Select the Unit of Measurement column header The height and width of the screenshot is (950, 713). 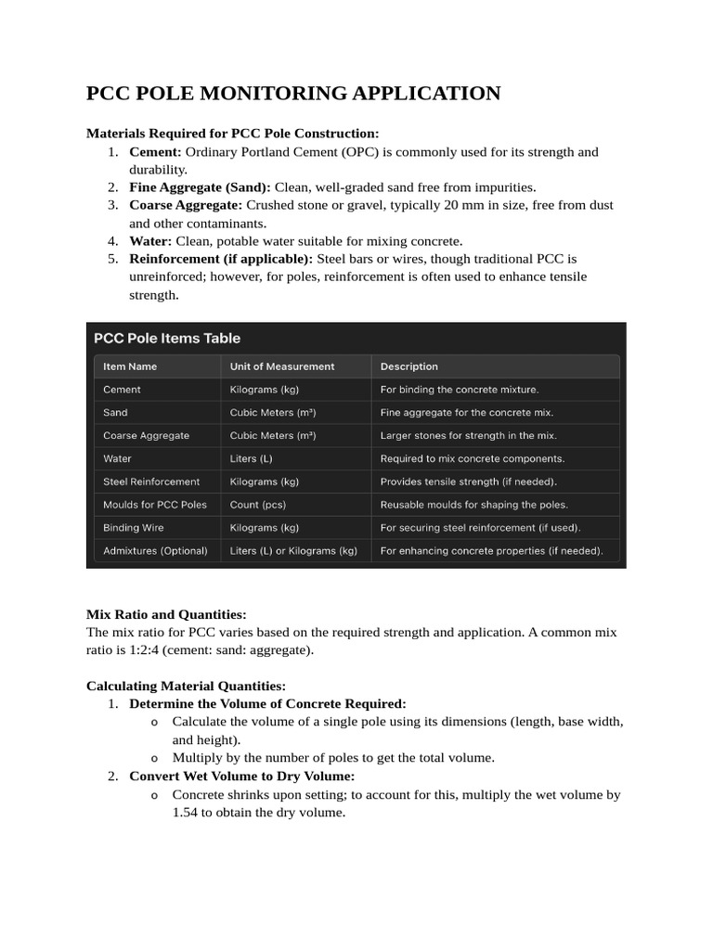pos(282,366)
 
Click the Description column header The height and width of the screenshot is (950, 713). pos(408,366)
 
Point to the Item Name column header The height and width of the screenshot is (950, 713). pos(130,366)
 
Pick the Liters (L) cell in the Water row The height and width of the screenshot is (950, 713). pos(252,458)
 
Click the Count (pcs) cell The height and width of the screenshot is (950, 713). pos(259,505)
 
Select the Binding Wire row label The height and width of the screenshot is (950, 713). pos(133,528)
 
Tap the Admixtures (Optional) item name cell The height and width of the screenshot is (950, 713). pos(155,550)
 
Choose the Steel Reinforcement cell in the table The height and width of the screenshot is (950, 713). pos(151,481)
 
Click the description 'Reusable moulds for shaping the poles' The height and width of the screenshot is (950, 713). pos(473,505)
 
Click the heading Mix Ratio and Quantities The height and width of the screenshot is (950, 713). pos(166,614)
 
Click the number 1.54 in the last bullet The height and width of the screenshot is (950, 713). pos(188,812)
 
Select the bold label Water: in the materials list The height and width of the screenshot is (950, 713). pos(150,240)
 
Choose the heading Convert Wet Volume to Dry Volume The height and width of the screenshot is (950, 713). pos(241,776)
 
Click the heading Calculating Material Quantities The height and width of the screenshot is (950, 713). pos(186,686)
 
